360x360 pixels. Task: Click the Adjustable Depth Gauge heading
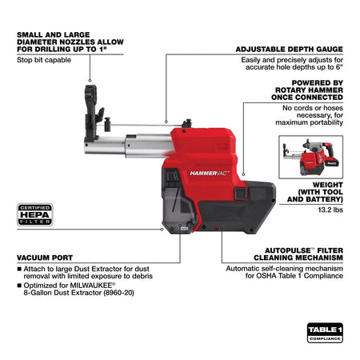[x=290, y=49]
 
